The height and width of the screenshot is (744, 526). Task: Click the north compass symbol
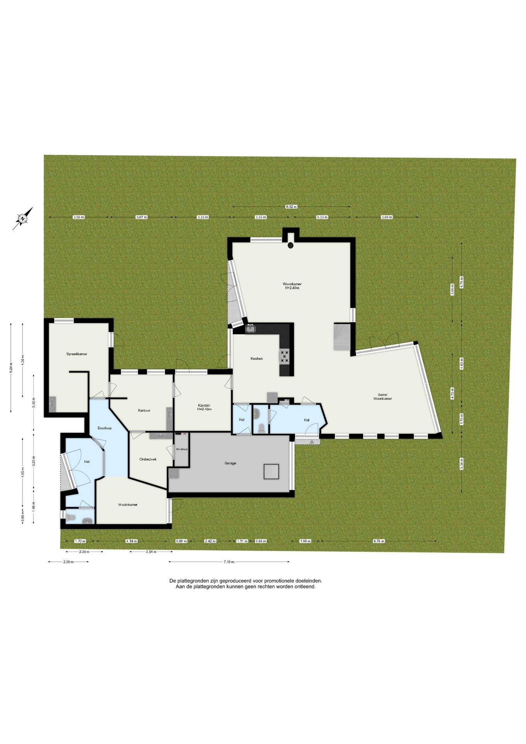[23, 219]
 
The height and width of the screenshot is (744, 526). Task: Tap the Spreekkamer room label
[77, 354]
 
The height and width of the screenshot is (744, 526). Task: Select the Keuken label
[256, 358]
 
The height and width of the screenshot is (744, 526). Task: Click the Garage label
[230, 463]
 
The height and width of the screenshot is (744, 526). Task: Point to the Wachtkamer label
[128, 505]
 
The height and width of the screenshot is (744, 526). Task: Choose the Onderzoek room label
[148, 459]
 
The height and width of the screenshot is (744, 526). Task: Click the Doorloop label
[105, 428]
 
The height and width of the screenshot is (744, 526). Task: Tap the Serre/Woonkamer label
[382, 396]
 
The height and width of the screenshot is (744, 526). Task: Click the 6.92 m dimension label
[291, 207]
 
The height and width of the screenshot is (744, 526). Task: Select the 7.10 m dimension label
[229, 561]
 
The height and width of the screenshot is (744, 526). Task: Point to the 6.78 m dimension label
[379, 541]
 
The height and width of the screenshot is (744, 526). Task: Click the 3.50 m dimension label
[79, 217]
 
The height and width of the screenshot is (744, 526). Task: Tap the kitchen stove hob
[285, 356]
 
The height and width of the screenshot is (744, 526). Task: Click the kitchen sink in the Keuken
[250, 329]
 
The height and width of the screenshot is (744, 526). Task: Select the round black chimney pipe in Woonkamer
[291, 245]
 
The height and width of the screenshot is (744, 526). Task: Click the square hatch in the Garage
[272, 471]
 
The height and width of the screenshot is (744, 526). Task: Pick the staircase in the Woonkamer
[342, 337]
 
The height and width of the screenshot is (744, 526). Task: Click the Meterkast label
[182, 449]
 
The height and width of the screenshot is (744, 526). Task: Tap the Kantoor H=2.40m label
[204, 407]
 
